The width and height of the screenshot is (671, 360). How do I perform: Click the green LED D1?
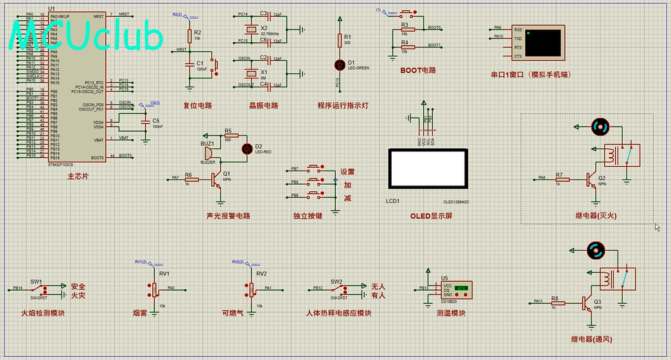coord(340,64)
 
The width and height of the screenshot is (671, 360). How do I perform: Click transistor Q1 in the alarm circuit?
coord(218,179)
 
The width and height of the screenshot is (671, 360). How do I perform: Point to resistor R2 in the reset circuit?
coord(189,35)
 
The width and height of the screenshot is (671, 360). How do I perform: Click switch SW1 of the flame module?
coord(35,289)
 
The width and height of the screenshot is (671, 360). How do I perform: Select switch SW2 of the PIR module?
coord(336,289)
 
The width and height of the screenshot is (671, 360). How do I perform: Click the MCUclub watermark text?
coord(87,37)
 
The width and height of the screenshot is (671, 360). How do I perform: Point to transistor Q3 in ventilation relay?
coord(588,302)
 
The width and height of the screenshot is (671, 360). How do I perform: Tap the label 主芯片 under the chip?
coord(78,176)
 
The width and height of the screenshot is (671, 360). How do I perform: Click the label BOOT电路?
coord(417,70)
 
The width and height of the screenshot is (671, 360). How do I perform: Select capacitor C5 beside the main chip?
coord(146,121)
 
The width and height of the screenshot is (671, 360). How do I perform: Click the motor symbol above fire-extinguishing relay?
coord(599,127)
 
